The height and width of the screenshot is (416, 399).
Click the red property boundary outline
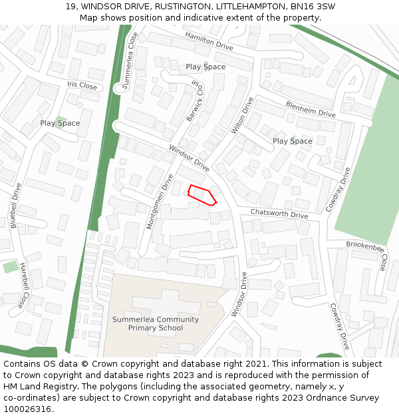pos(202,195)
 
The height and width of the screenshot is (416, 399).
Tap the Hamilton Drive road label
pos(209,41)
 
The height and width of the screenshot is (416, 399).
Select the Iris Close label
pos(82,85)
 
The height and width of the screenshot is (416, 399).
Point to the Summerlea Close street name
pos(129,61)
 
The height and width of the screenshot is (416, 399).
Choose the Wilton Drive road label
pos(242,116)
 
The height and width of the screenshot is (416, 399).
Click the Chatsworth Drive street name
pos(279,214)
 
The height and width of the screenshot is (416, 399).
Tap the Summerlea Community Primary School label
pos(156,323)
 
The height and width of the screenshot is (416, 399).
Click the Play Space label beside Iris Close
pos(60,123)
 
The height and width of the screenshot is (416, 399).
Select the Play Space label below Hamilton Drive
pos(205,67)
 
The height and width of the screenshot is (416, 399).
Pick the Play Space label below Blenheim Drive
pos(292,141)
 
